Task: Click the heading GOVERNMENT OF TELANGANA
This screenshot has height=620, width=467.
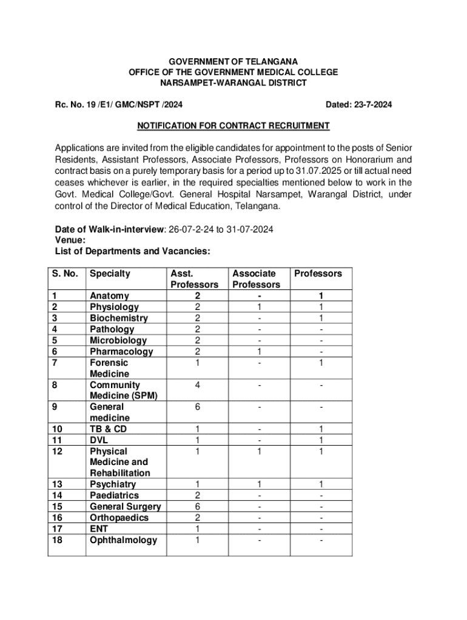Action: coord(233,61)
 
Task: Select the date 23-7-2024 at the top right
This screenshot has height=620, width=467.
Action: coord(359,105)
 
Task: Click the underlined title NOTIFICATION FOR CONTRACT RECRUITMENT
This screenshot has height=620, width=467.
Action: coord(233,126)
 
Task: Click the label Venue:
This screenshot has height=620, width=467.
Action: coord(70,240)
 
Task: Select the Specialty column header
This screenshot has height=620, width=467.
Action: coord(110,274)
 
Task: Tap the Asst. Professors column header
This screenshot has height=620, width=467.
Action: coord(194,279)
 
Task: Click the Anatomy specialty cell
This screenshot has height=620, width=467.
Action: coord(109,296)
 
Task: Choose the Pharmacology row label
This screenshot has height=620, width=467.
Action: coord(121,352)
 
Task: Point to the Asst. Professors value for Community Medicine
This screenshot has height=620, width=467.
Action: coord(197,385)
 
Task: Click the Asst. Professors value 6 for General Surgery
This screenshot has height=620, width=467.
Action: coord(197,507)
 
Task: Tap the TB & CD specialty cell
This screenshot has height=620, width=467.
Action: coord(109,429)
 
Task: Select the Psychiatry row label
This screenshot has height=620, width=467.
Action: coord(113,484)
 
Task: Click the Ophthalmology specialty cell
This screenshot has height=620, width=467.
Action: coord(123,540)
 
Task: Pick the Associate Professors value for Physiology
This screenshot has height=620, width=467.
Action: coord(258,308)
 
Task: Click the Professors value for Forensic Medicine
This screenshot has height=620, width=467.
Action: coord(321,363)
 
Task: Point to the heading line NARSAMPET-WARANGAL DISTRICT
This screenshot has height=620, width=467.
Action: coord(233,83)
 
